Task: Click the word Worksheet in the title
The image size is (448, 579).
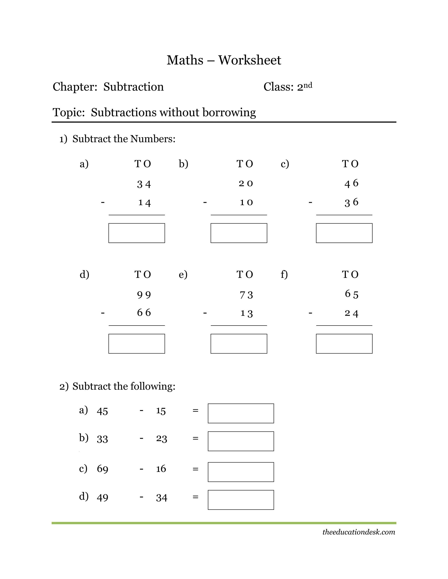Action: click(249, 60)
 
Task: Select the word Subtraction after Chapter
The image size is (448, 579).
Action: click(133, 87)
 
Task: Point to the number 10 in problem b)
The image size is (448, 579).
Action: click(246, 203)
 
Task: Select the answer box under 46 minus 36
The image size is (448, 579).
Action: click(344, 233)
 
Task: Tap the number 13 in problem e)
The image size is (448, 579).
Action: click(246, 313)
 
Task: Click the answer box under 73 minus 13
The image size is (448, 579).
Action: click(239, 344)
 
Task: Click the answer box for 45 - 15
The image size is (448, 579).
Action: click(241, 413)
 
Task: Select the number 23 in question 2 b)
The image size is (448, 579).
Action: click(161, 439)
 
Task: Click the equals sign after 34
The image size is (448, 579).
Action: click(195, 497)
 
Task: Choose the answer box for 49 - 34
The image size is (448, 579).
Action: click(241, 500)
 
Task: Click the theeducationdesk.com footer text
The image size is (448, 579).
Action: click(359, 532)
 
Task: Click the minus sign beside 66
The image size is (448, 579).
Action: click(103, 313)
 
